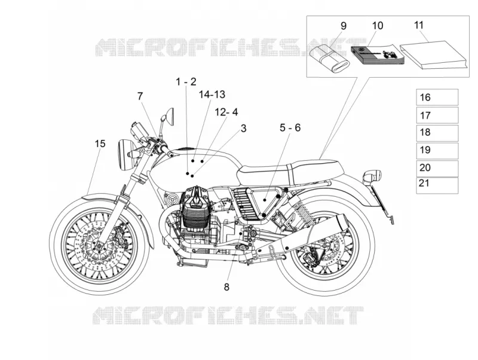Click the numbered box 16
pyautogui.click(x=437, y=97)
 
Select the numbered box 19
pyautogui.click(x=437, y=151)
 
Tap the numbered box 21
pyautogui.click(x=437, y=185)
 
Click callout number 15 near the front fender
pyautogui.click(x=100, y=144)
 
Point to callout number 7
pyautogui.click(x=140, y=96)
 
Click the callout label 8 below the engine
pyautogui.click(x=226, y=287)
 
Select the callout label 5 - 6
pyautogui.click(x=290, y=127)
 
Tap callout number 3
pyautogui.click(x=243, y=129)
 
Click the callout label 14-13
pyautogui.click(x=212, y=94)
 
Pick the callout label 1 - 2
pyautogui.click(x=186, y=82)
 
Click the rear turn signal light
pyautogui.click(x=373, y=176)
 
